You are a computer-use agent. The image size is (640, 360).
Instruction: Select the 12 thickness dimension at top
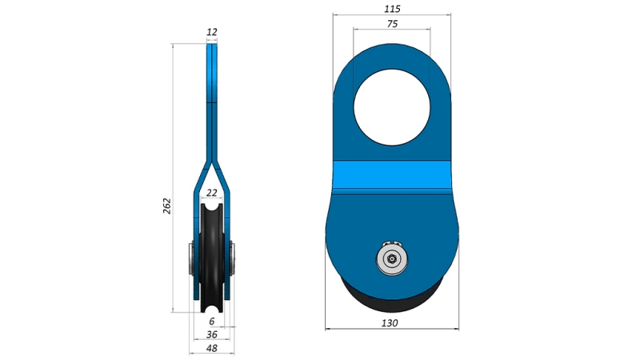tap(212, 32)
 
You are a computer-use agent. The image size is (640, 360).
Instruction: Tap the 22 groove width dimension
tap(212, 193)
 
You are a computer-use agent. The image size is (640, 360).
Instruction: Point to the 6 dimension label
tap(212, 321)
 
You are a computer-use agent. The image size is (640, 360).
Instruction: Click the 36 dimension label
tap(212, 334)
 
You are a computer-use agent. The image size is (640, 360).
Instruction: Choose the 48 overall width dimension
tap(212, 348)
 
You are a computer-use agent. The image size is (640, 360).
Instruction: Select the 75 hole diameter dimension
tap(392, 24)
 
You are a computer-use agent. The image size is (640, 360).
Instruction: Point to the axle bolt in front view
tap(392, 258)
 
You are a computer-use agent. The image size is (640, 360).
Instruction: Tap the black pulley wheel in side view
tap(212, 264)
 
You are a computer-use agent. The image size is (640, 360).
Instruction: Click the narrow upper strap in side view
tap(212, 96)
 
